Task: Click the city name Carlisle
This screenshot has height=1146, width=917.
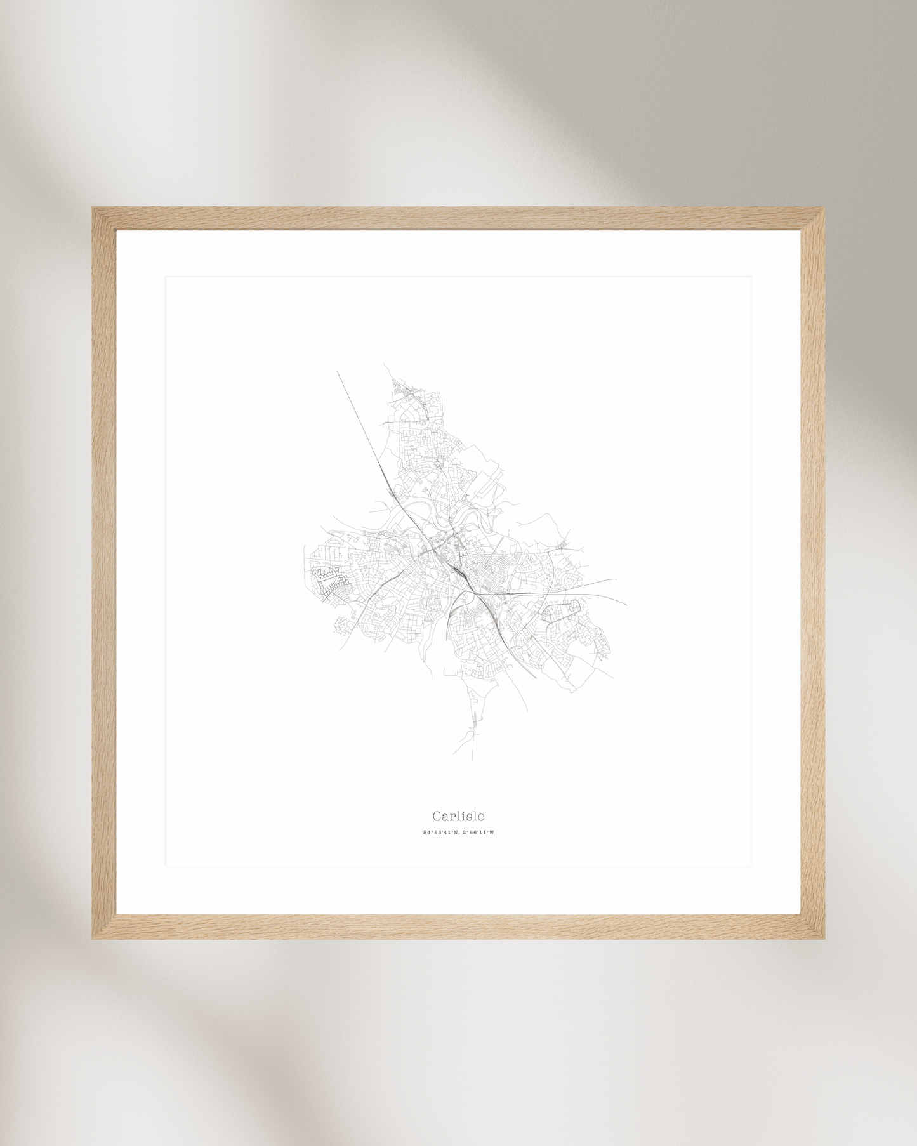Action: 458,816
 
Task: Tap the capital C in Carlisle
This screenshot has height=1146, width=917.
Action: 437,816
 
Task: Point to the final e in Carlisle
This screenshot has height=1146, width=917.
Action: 480,817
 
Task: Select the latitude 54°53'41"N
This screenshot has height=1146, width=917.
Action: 440,833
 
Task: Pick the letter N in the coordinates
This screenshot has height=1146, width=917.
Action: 456,833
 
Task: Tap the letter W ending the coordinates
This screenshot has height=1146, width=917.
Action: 491,833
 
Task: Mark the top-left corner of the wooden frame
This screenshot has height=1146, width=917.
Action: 93,208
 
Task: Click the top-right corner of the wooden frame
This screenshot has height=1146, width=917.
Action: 823,208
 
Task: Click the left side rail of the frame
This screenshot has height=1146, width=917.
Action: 104,571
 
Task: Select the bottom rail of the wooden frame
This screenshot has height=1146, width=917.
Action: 458,926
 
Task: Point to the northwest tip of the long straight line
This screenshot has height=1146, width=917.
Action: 337,371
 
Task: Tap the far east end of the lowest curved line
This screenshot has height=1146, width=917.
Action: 626,604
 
